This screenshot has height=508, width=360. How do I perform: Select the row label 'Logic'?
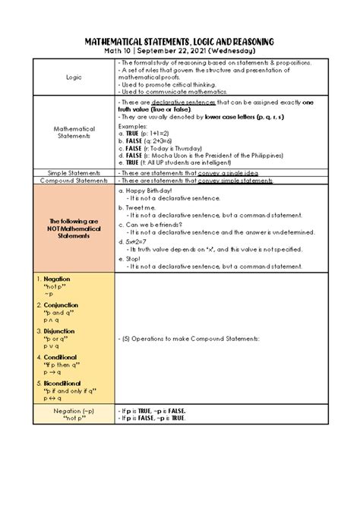click(x=74, y=77)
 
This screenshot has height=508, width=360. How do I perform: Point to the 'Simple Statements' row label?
click(x=74, y=172)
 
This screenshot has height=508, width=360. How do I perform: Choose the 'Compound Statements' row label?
click(x=74, y=181)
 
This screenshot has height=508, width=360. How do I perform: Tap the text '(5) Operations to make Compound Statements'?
click(x=189, y=338)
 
